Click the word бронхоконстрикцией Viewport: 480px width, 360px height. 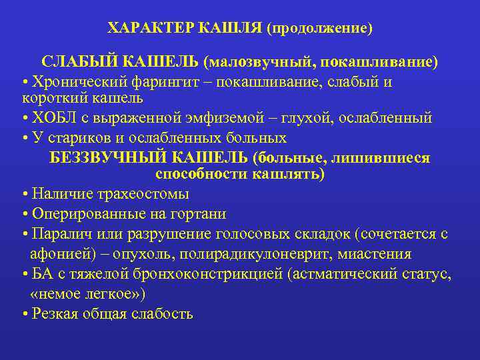(x=206, y=274)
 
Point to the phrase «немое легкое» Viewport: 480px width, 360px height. (x=89, y=293)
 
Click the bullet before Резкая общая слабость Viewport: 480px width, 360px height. (x=24, y=314)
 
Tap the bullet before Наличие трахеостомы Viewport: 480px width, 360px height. (x=24, y=195)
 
